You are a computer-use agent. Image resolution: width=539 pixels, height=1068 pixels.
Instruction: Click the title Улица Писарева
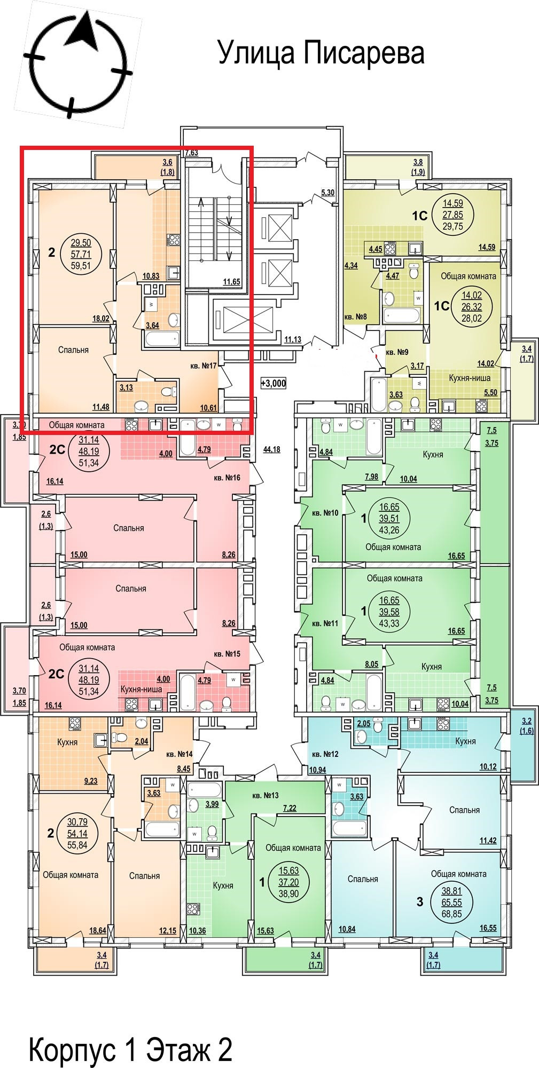(321, 54)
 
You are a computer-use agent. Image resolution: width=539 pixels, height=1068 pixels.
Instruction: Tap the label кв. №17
(203, 366)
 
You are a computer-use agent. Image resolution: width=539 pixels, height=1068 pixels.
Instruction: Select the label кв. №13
(265, 795)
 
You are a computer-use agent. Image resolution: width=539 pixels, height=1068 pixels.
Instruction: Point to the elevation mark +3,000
(274, 383)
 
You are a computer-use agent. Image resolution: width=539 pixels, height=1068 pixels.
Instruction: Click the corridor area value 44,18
(271, 449)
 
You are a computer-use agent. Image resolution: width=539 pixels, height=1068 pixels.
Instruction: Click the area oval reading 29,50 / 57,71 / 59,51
(84, 253)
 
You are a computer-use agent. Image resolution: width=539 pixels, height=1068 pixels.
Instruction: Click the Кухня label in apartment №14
(67, 742)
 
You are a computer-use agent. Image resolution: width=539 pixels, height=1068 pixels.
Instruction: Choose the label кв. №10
(324, 513)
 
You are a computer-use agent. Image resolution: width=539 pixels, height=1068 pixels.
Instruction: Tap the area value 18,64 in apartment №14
(97, 930)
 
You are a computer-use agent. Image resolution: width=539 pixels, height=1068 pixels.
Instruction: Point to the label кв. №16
(227, 477)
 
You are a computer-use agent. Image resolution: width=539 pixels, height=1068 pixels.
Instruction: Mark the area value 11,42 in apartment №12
(488, 840)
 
